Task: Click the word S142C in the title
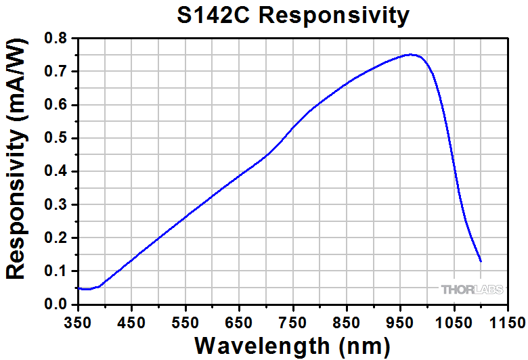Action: point(212,15)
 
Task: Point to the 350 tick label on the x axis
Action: point(79,321)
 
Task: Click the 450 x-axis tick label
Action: point(132,321)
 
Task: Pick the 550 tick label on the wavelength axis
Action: point(185,321)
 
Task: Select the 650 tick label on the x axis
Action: point(239,321)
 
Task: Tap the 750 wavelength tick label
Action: point(292,321)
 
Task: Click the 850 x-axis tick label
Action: point(346,321)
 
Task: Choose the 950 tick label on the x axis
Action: point(399,321)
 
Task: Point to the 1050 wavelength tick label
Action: point(453,321)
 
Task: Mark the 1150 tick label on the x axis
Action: point(506,321)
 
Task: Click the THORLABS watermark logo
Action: point(472,290)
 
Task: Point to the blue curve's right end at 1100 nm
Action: point(481,261)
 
